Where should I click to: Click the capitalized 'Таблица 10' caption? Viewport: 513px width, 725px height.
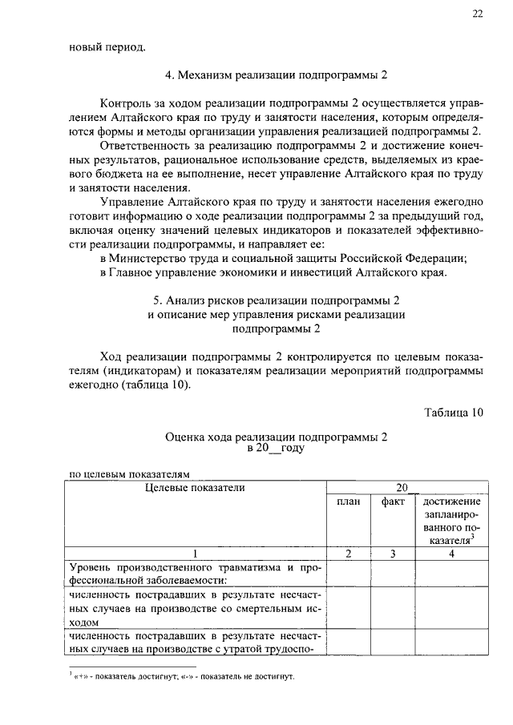pyautogui.click(x=454, y=413)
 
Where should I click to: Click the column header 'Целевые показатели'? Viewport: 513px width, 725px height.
pyautogui.click(x=195, y=486)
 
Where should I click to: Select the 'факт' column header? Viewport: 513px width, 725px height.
pyautogui.click(x=392, y=501)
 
